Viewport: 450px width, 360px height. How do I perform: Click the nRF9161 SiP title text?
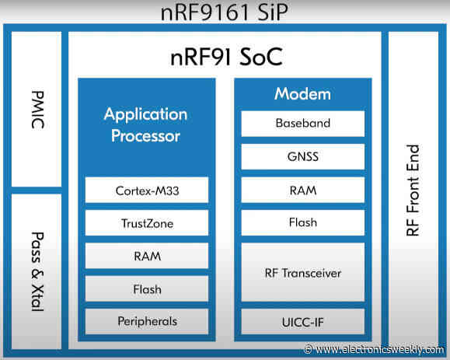(x=225, y=13)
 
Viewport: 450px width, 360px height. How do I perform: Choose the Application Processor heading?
(x=146, y=124)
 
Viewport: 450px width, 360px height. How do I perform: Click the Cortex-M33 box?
(x=146, y=190)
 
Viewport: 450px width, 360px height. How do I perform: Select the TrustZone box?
(x=146, y=224)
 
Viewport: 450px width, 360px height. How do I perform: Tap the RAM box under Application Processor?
(x=146, y=256)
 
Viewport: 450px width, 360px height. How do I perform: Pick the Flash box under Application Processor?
(x=146, y=288)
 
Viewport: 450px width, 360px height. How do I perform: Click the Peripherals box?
(x=146, y=320)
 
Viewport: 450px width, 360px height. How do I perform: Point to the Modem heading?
(x=302, y=94)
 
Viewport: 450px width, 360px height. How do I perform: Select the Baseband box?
(x=302, y=123)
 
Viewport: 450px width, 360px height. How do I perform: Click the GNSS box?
(x=302, y=156)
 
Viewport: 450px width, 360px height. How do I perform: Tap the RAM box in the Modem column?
(x=302, y=189)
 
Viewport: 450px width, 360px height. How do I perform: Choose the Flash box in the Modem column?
(x=302, y=222)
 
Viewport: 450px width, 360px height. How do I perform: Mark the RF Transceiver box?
(x=302, y=272)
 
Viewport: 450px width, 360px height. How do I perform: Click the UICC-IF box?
(x=302, y=320)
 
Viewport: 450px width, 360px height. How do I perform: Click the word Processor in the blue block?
(x=146, y=136)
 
